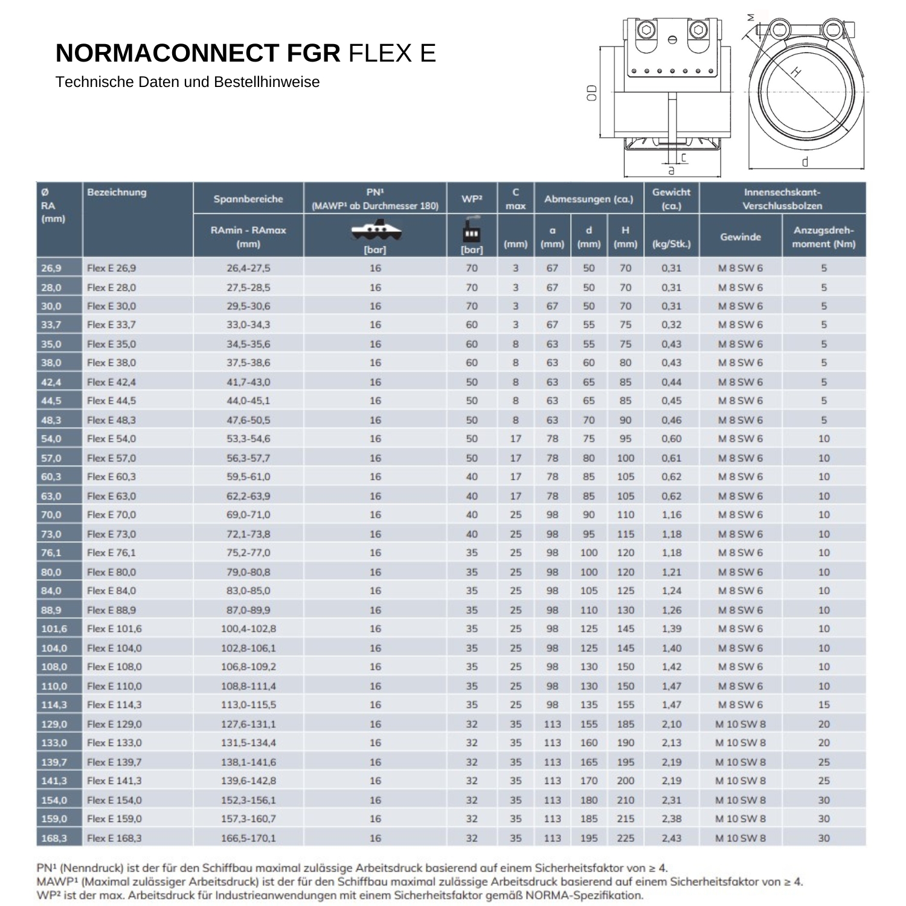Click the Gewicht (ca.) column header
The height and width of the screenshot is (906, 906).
[x=671, y=199]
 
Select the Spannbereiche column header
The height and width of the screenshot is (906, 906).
[x=248, y=199]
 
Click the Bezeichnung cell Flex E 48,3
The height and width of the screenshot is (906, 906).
[x=112, y=420]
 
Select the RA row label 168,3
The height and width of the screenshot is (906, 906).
[x=54, y=838]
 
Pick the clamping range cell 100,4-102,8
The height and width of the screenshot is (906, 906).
[x=248, y=629]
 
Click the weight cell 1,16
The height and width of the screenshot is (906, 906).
[x=671, y=515]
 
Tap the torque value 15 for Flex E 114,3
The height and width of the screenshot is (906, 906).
[x=824, y=705]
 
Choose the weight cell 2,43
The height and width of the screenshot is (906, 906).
[x=671, y=838]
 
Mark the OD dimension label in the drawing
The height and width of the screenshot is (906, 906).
[x=593, y=92]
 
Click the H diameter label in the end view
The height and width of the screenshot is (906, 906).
[x=797, y=72]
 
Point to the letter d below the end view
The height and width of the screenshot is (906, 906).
[x=805, y=162]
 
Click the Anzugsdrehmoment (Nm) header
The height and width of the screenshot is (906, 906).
[x=824, y=237]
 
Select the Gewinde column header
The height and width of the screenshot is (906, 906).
[x=741, y=237]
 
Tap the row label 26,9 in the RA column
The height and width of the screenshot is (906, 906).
[x=51, y=268]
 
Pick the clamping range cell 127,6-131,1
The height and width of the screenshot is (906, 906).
[x=248, y=724]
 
